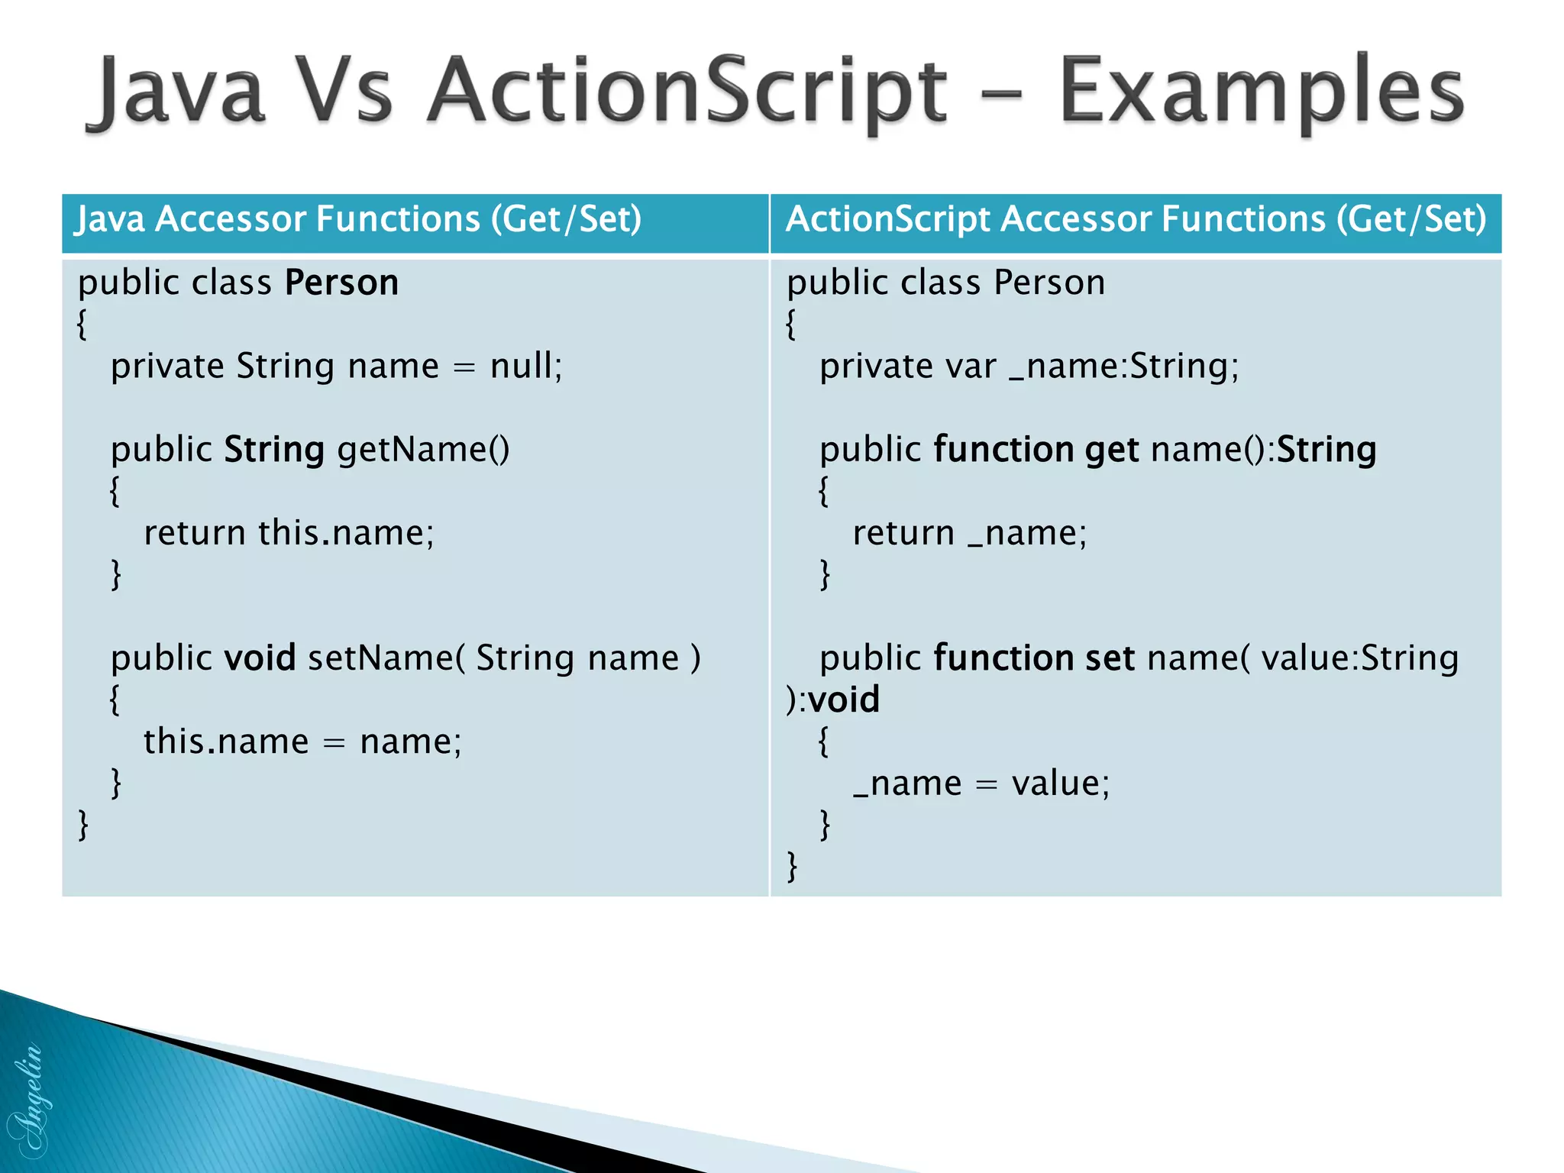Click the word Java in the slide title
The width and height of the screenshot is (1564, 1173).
[177, 92]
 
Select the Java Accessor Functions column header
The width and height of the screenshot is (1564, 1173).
[359, 219]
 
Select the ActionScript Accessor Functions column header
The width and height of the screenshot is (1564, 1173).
[1136, 219]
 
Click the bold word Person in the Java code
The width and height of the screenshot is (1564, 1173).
[341, 283]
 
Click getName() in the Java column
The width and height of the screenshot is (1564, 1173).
[423, 449]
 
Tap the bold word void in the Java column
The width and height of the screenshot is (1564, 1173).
[260, 658]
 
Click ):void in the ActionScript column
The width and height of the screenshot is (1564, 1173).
[832, 700]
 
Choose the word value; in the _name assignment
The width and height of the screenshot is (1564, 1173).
[1060, 783]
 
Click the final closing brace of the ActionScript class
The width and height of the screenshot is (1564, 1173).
[792, 867]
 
